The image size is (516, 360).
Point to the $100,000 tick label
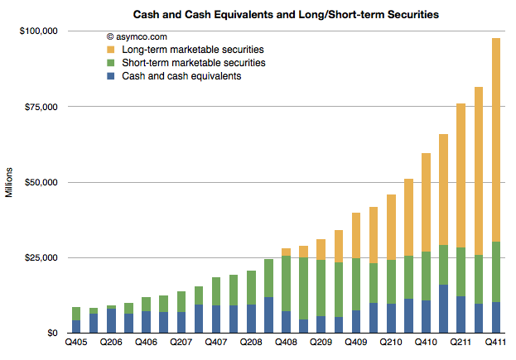coord(38,31)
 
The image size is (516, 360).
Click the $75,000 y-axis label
coord(41,107)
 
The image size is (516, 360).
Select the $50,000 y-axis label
coord(41,182)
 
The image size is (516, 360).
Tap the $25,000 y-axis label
coord(41,257)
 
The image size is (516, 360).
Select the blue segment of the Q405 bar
coord(76,326)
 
